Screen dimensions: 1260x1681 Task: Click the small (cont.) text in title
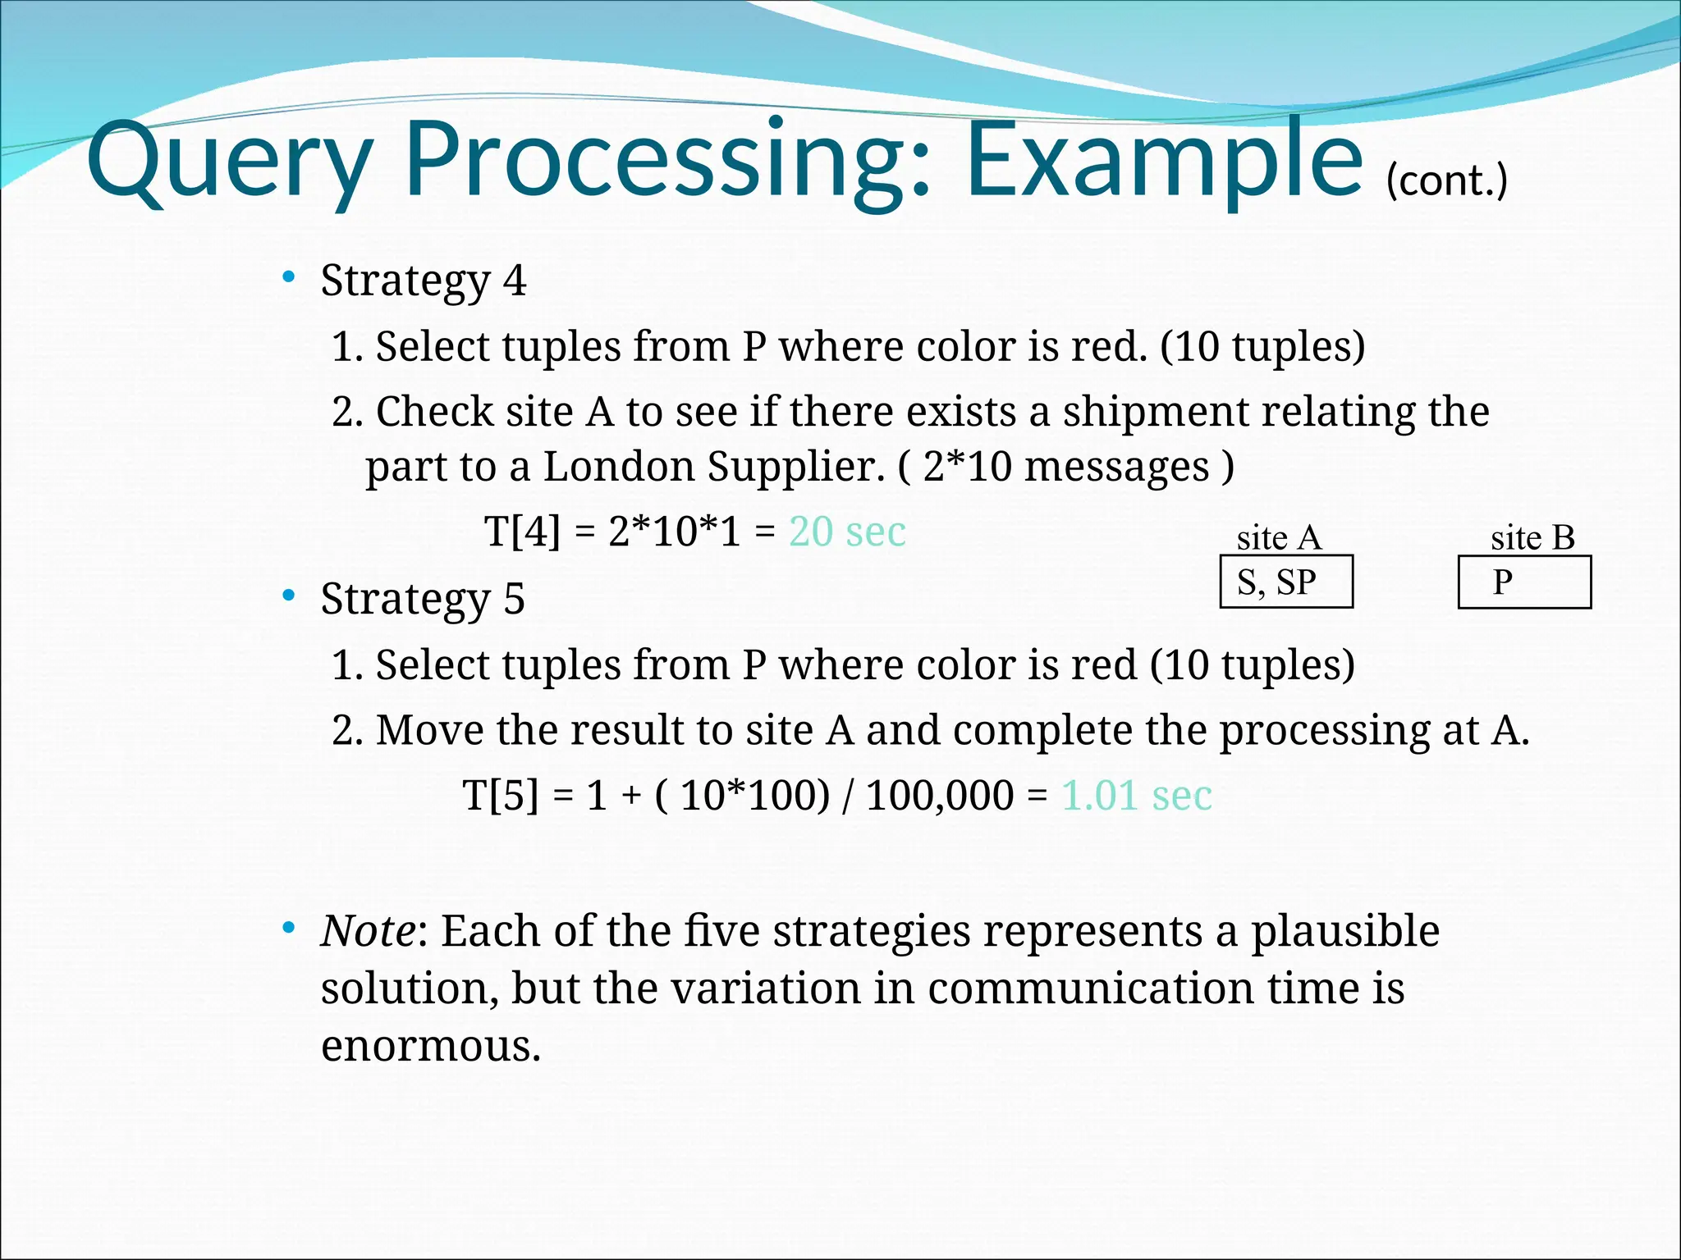(1446, 180)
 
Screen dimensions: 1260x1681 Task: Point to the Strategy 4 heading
(423, 281)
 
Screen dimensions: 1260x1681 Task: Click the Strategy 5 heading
(423, 598)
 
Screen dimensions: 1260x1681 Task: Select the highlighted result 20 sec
(847, 532)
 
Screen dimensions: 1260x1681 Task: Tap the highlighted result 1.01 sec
(1137, 795)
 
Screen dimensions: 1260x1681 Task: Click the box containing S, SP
(1285, 582)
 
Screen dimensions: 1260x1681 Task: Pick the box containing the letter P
(1523, 582)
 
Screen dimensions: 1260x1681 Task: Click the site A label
(1279, 538)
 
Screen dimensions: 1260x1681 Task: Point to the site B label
(1532, 538)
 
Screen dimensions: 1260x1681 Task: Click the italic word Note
(369, 931)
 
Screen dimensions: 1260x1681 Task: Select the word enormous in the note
(431, 1046)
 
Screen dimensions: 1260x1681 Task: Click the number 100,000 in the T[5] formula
(940, 795)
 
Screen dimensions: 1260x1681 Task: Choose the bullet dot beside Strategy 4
(288, 277)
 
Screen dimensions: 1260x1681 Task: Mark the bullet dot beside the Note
(288, 928)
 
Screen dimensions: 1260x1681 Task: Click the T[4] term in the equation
(522, 532)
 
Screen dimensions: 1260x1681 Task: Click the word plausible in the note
(1344, 931)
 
